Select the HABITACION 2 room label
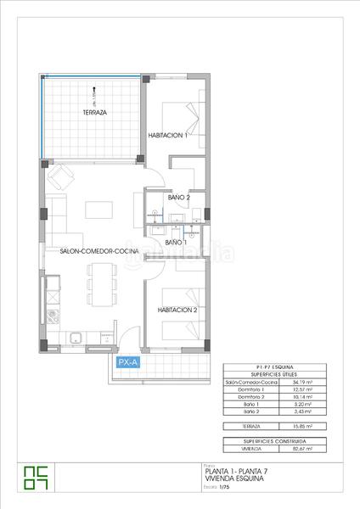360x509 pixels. click(177, 310)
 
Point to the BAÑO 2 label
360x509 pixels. click(178, 198)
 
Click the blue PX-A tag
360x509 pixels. click(128, 363)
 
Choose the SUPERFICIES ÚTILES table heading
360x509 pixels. click(274, 375)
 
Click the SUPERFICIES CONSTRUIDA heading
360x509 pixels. click(274, 441)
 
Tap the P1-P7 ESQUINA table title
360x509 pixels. click(274, 367)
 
